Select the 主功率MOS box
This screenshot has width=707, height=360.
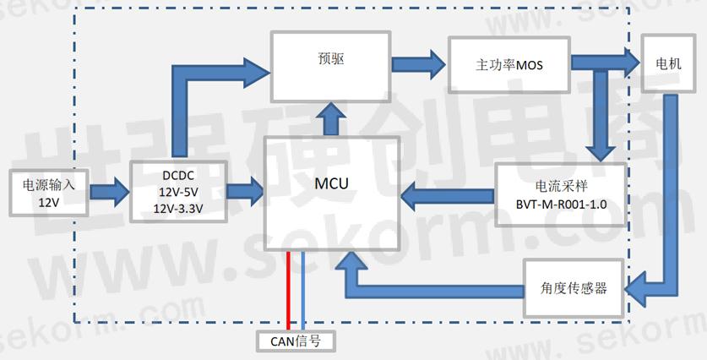pos(508,64)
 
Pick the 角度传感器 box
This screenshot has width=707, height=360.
pos(574,287)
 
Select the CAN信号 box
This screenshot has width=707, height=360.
pos(296,341)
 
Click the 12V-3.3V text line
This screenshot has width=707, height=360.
pos(178,207)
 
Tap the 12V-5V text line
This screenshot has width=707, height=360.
pos(178,192)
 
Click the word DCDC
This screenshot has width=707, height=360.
pos(178,177)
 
